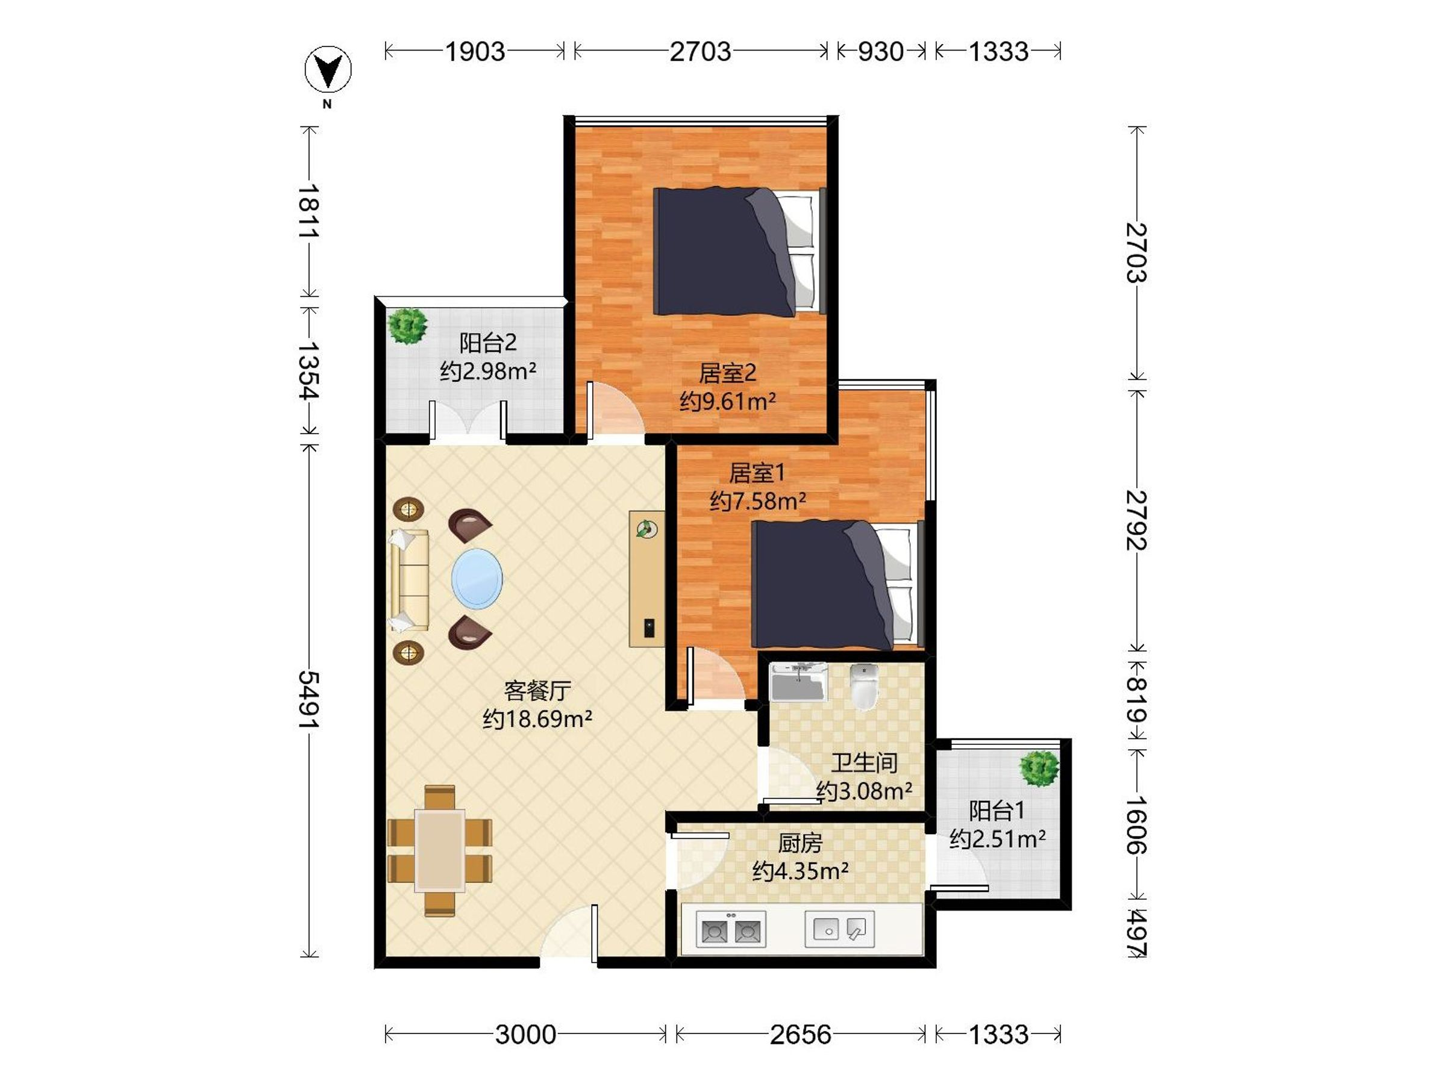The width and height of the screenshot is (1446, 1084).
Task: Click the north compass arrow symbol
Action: pyautogui.click(x=328, y=69)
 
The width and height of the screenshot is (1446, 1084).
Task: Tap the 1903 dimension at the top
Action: pyautogui.click(x=475, y=51)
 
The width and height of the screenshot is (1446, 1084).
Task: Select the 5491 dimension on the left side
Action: pyautogui.click(x=308, y=700)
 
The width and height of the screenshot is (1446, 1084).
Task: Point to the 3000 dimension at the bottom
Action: pyautogui.click(x=525, y=1035)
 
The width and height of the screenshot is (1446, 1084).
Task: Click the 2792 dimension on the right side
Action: pyautogui.click(x=1137, y=520)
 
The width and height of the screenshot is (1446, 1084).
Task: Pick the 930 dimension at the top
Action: pyautogui.click(x=880, y=51)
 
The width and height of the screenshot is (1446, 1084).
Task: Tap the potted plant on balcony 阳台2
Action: pyautogui.click(x=407, y=325)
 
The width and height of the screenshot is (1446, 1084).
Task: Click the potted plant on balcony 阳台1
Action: pyautogui.click(x=1039, y=768)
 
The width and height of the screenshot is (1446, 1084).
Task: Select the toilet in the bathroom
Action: pyautogui.click(x=864, y=686)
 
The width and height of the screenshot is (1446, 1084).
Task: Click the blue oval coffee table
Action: pyautogui.click(x=477, y=579)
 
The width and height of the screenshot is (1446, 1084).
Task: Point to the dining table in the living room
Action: pyautogui.click(x=440, y=850)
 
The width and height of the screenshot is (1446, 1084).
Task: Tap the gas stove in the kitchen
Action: pyautogui.click(x=731, y=929)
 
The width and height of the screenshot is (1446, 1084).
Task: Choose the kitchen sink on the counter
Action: pyautogui.click(x=839, y=928)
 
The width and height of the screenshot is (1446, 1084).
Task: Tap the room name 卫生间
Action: pyautogui.click(x=864, y=762)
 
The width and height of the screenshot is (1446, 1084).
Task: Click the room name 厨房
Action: pyautogui.click(x=800, y=844)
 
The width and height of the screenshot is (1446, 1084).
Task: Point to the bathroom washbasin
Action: pyautogui.click(x=798, y=681)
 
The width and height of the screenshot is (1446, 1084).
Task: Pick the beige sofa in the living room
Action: pyautogui.click(x=409, y=580)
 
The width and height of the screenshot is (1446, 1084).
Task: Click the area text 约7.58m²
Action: pyautogui.click(x=758, y=501)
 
